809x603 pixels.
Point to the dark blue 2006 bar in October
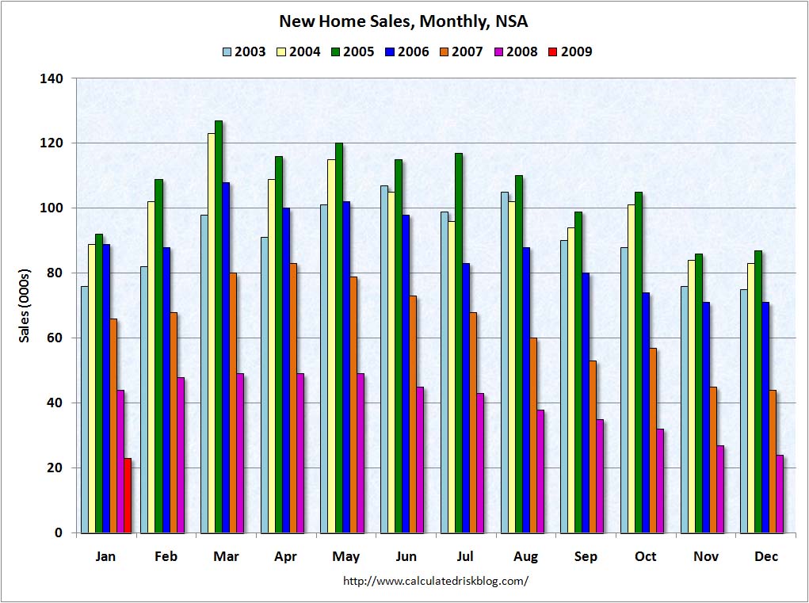click(646, 412)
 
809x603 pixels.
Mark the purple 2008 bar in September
click(600, 475)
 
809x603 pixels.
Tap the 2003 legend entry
click(242, 52)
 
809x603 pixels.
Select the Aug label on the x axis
click(525, 556)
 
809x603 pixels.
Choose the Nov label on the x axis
click(705, 556)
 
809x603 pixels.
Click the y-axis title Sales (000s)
click(25, 305)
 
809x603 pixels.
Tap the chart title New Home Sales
click(404, 21)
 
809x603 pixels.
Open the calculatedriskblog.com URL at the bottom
click(435, 581)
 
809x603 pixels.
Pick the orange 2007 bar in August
click(533, 435)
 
